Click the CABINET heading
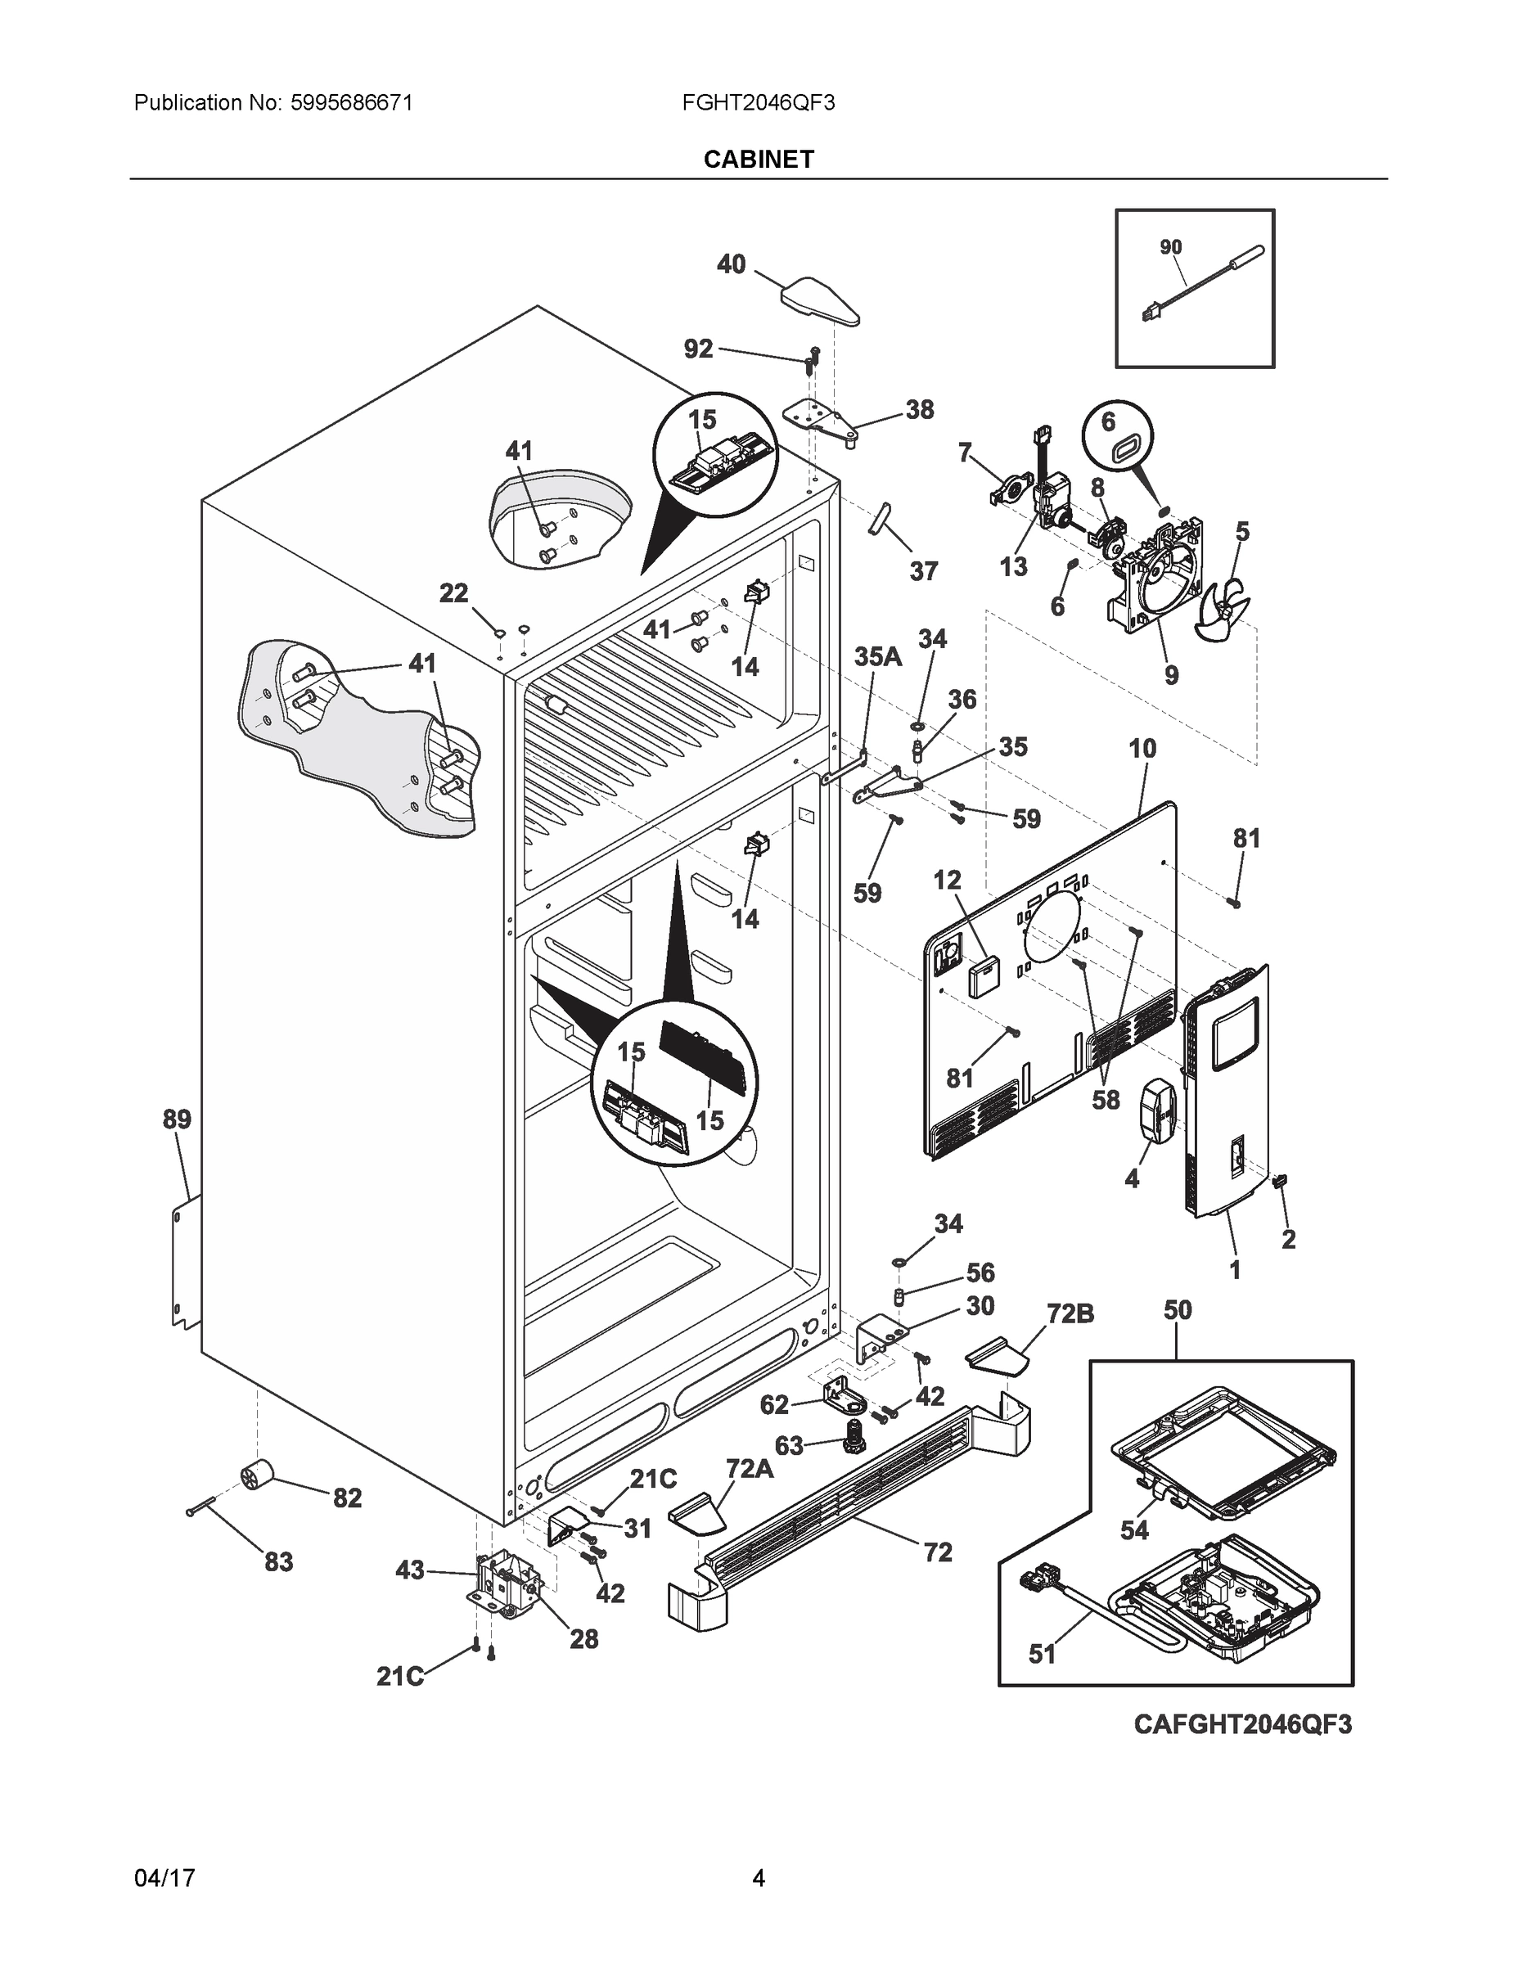click(758, 160)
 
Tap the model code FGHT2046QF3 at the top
click(758, 102)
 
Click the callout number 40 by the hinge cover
click(730, 264)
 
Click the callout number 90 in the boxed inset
click(1170, 246)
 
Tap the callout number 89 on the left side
click(177, 1119)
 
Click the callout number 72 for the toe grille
click(937, 1552)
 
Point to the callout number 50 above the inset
click(1178, 1310)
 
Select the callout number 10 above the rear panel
click(1142, 748)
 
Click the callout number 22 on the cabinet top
click(453, 592)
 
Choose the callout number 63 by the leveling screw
click(789, 1445)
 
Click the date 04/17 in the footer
click(164, 1878)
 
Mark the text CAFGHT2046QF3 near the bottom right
click(1242, 1724)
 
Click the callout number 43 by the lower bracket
click(409, 1571)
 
